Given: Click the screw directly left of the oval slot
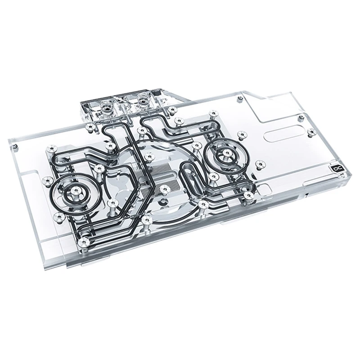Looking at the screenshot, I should (242, 134).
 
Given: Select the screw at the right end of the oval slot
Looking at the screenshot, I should (311, 132).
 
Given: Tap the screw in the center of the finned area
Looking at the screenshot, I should (165, 188).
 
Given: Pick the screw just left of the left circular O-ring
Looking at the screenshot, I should (45, 181).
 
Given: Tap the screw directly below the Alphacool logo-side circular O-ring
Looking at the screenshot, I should (248, 194).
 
